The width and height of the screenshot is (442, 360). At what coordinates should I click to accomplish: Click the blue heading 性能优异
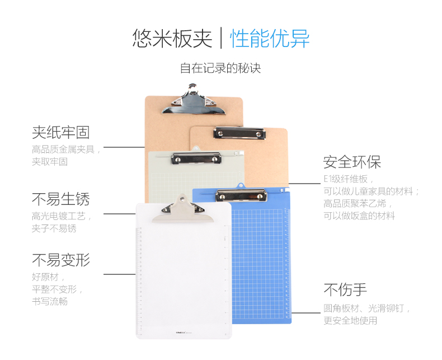[270, 39]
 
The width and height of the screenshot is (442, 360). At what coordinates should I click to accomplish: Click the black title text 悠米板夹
[172, 39]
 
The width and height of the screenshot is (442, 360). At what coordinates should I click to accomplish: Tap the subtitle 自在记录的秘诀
[220, 68]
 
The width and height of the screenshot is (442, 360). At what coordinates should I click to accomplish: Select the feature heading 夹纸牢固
[60, 132]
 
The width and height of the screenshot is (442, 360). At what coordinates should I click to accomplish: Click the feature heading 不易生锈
[60, 199]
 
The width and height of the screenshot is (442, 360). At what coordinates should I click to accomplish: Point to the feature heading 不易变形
[60, 260]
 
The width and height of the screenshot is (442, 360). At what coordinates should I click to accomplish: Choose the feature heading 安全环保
[352, 162]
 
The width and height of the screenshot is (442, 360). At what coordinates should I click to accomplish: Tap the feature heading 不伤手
[345, 290]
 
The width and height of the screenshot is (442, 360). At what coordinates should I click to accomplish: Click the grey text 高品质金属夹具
[63, 149]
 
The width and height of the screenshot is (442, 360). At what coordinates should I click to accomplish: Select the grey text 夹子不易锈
[54, 228]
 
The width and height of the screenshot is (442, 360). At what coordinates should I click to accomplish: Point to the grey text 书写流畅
[50, 301]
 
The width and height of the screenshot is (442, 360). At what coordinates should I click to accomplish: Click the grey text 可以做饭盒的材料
[359, 216]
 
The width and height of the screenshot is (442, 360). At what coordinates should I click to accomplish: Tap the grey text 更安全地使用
[350, 320]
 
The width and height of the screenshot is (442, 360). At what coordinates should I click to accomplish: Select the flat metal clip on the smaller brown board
[239, 133]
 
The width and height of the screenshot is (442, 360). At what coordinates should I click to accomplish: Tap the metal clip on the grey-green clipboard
[196, 158]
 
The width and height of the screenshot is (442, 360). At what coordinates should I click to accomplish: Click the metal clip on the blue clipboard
[241, 195]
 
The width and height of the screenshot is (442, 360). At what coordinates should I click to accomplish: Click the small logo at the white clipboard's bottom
[184, 333]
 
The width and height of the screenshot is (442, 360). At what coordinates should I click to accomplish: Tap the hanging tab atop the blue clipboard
[241, 186]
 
